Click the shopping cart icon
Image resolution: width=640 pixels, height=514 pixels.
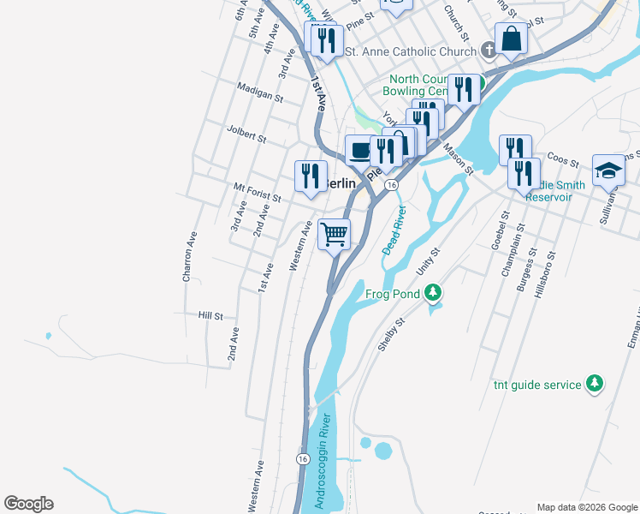(x=334, y=233)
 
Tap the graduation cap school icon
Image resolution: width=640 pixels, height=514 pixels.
(x=608, y=169)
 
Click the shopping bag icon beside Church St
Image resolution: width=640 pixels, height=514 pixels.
(x=511, y=39)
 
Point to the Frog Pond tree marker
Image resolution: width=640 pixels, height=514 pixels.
(x=434, y=294)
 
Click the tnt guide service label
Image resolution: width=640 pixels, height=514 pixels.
(x=537, y=385)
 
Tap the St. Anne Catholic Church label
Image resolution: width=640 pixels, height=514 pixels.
(x=409, y=52)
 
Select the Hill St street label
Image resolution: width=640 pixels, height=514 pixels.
(x=210, y=315)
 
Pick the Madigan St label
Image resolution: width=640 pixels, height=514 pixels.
(x=261, y=93)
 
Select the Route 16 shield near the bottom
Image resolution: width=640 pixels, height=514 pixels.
(x=303, y=459)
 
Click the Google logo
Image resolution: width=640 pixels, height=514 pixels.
(x=28, y=504)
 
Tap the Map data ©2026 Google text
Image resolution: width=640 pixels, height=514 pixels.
(x=587, y=507)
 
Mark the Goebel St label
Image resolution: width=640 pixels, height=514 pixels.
(x=501, y=230)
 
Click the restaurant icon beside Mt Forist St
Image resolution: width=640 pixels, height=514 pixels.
(x=310, y=175)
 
